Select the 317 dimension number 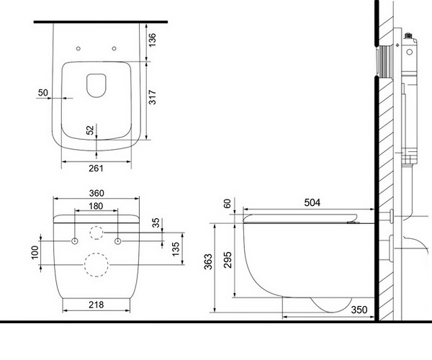152,101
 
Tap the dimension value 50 44,93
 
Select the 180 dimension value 96,206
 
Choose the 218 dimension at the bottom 96,305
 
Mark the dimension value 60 228,204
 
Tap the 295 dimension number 228,259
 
